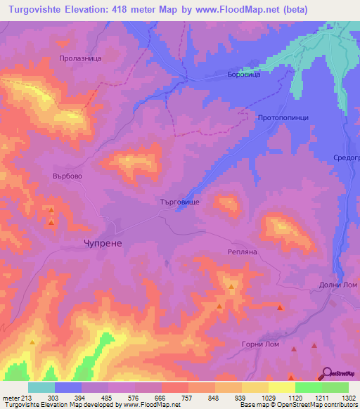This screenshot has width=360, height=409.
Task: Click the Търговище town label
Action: pyautogui.click(x=180, y=202)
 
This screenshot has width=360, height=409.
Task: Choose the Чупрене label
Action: pyautogui.click(x=99, y=242)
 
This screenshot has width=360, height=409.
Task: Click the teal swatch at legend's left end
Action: pyautogui.click(x=41, y=387)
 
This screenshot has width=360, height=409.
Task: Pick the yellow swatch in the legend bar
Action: pyautogui.click(x=281, y=387)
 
